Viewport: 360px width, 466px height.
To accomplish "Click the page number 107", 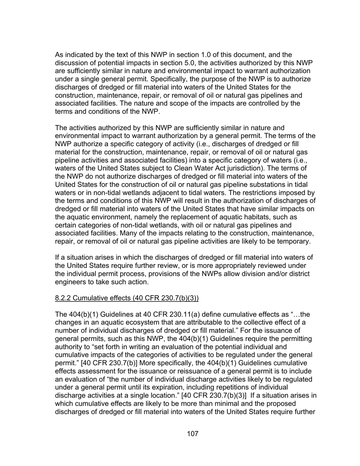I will [x=193, y=434].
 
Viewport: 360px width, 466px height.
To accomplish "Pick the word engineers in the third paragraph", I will [x=71, y=282].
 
